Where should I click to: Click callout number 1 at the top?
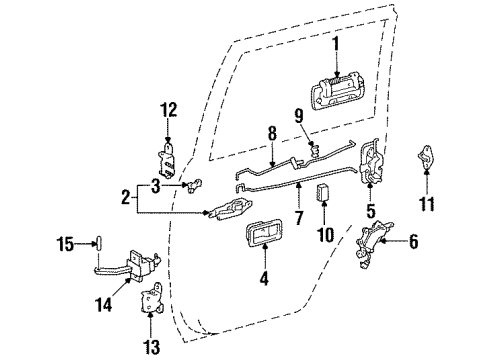pyautogui.click(x=337, y=43)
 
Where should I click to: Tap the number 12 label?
pyautogui.click(x=168, y=108)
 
